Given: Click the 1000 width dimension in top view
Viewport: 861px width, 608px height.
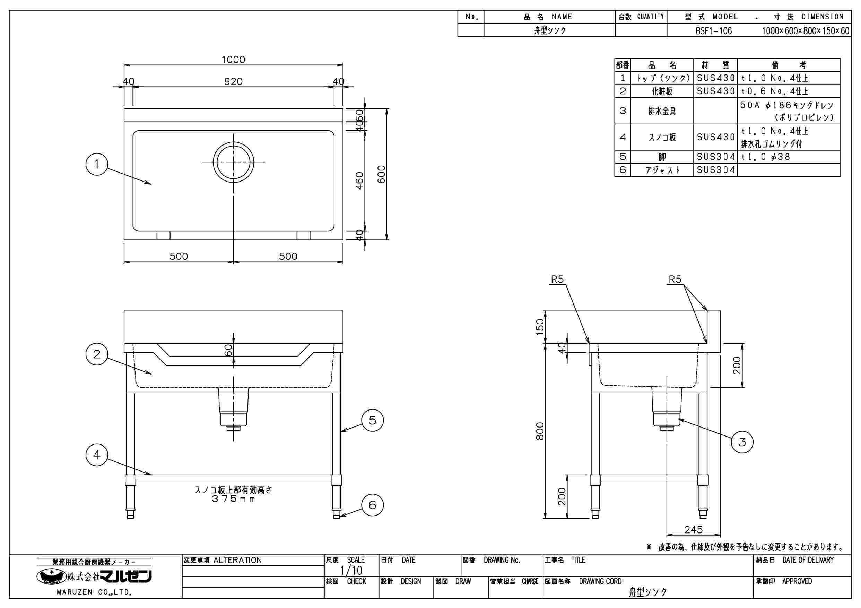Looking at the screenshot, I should coord(233,60).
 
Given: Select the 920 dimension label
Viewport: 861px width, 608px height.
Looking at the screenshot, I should coord(233,81).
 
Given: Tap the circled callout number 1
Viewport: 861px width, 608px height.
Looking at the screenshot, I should coord(97,164).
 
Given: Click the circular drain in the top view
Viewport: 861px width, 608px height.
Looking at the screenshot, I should coord(233,162).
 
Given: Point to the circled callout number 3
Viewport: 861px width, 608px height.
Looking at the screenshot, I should coord(742,442).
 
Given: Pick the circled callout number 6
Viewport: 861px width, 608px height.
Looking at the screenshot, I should coord(372,505).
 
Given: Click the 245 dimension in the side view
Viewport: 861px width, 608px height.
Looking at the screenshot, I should coord(693,530).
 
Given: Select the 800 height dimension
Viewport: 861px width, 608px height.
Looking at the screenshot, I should coord(540,431).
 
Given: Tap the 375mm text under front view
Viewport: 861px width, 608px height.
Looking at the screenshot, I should coord(233,499).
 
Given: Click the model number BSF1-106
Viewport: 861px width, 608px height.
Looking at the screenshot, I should coord(714,31).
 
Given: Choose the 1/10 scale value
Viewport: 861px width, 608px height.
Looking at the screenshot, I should coord(351,570).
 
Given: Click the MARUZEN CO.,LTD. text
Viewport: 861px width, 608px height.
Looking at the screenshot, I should coord(94,592).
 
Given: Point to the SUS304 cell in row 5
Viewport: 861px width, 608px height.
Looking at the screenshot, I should coord(715,157).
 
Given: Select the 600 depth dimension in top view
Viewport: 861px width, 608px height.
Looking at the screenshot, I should coord(381,174).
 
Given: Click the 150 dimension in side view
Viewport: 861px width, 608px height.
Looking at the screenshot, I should coord(540,327).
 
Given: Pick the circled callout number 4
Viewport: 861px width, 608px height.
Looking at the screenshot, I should coord(97,455).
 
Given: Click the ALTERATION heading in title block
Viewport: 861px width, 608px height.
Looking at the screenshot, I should coord(237,560).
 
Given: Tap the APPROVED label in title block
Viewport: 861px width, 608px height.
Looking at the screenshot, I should coord(797,581).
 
